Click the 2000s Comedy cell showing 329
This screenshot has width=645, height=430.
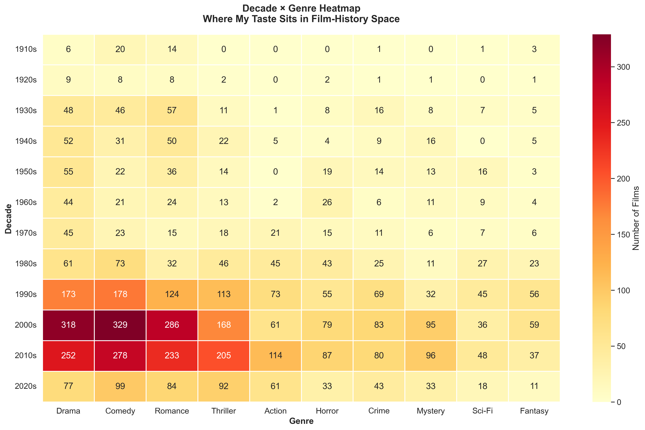coord(120,325)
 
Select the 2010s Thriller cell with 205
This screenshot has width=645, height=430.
coord(224,355)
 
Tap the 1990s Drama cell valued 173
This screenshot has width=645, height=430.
coord(68,294)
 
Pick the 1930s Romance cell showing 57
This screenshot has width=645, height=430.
coord(172,110)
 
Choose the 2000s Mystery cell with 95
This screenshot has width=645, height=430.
coord(431,325)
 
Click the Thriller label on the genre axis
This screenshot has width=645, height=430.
coord(224,411)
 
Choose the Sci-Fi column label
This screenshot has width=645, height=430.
coord(482,411)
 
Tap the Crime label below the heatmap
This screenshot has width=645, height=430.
coord(379,411)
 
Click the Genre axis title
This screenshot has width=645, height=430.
coord(301,421)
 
